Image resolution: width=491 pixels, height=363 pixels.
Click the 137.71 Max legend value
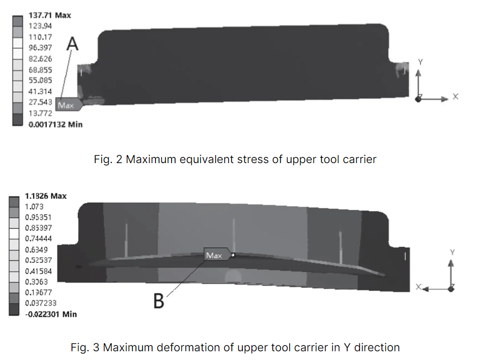click(50, 15)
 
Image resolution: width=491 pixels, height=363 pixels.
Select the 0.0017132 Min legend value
click(55, 124)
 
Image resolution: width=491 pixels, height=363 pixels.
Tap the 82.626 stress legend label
click(40, 59)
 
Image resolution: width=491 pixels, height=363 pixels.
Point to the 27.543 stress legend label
click(40, 102)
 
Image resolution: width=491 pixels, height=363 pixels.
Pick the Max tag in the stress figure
click(66, 105)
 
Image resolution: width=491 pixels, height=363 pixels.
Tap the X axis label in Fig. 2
click(456, 97)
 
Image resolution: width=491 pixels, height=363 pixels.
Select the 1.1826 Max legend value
click(46, 196)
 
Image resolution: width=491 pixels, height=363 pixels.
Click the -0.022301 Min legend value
click(51, 314)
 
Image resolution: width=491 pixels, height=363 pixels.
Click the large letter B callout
click(159, 302)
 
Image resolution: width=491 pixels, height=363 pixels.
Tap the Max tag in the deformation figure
click(214, 255)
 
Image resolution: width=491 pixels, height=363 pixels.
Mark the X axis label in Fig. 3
click(419, 287)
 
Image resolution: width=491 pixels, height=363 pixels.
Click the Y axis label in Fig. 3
click(452, 252)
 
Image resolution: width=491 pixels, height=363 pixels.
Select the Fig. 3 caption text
click(235, 348)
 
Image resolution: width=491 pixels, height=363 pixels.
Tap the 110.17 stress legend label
click(40, 37)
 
